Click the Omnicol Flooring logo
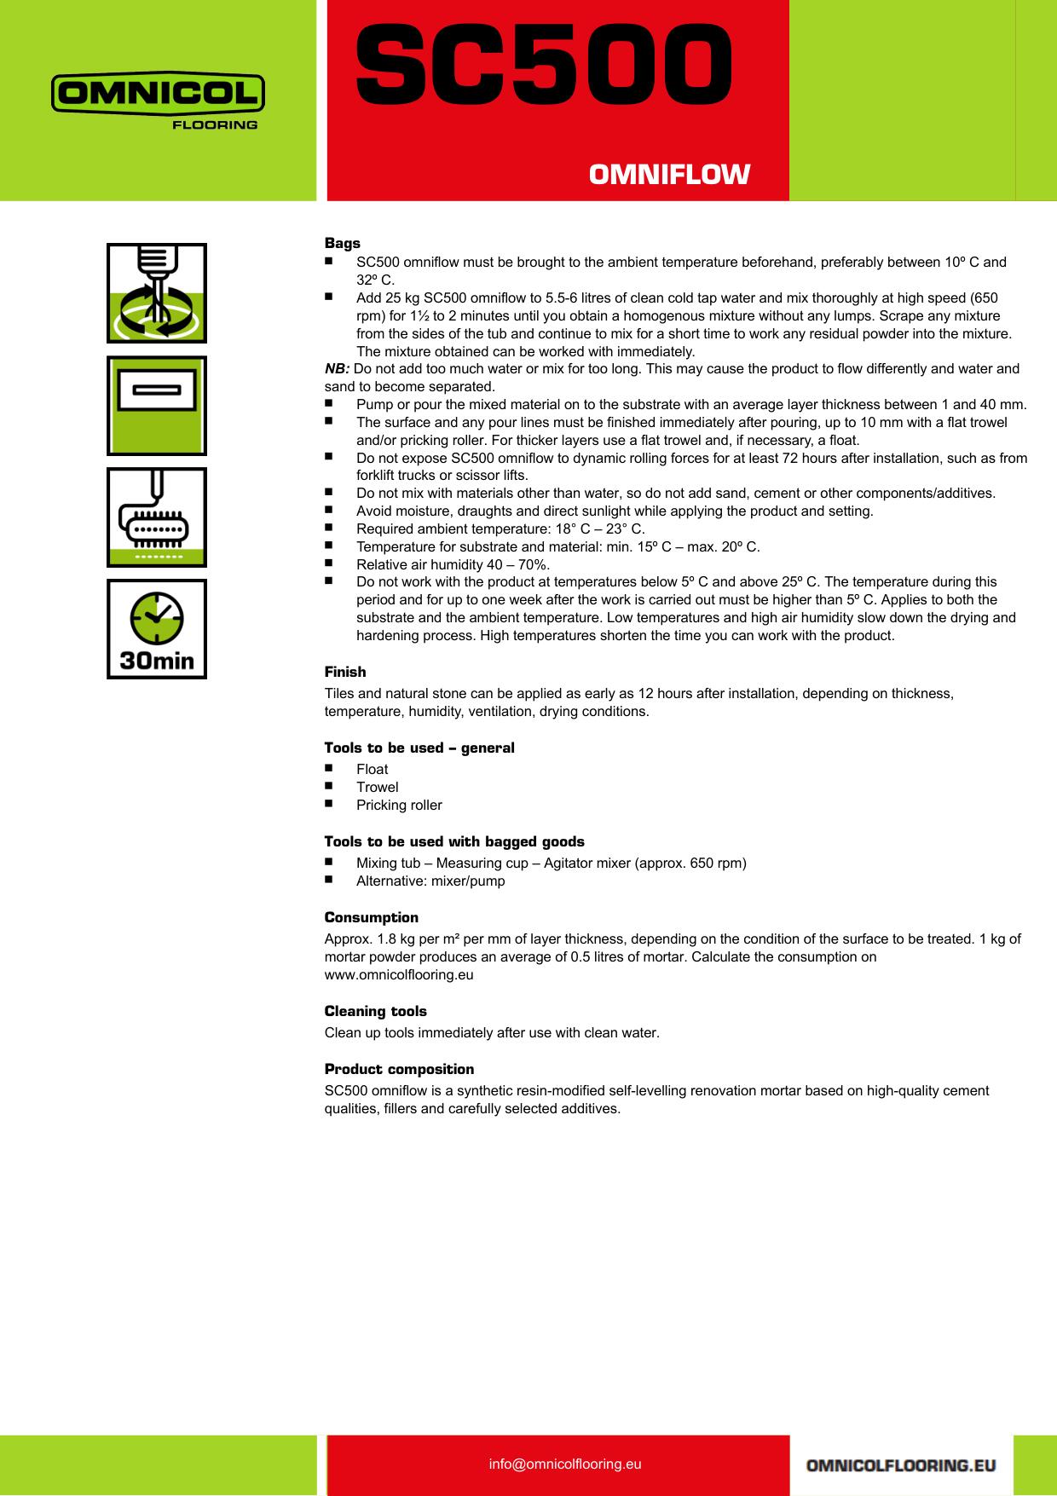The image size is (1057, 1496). coord(158,101)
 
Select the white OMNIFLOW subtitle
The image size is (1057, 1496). coord(669,175)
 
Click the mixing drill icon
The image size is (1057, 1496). coord(157,293)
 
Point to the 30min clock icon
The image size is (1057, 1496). coord(157,629)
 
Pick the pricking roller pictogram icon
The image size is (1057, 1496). coord(157,517)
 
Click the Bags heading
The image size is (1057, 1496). coord(343,244)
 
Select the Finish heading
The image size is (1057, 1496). coord(345,672)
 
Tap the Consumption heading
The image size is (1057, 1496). coord(372,917)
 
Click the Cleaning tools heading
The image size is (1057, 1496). coord(376,1011)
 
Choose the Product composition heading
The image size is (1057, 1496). coord(400,1069)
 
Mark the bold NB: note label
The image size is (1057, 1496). coord(338,369)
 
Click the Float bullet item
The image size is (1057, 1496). coord(373,769)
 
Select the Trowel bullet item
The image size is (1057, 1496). coord(378,787)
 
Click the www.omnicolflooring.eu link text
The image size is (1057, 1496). coord(399,974)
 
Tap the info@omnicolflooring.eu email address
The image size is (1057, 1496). coord(565,1464)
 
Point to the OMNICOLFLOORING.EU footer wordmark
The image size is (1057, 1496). coord(901,1465)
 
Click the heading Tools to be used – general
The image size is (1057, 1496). coord(419,748)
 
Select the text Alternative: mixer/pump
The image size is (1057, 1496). coord(430,881)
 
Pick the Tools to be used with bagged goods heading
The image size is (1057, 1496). coord(454,841)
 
